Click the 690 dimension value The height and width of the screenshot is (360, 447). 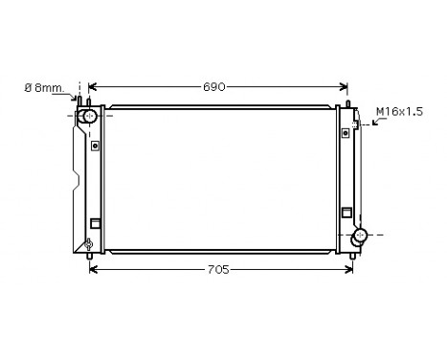tap(213, 87)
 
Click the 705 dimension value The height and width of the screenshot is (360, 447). tap(217, 269)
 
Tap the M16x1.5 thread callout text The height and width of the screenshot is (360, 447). tap(397, 112)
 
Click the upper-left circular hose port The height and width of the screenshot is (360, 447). tap(88, 117)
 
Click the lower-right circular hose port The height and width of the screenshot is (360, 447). tap(359, 236)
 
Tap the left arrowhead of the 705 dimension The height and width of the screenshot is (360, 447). tap(92, 269)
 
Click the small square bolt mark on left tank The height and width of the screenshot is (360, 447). tap(95, 146)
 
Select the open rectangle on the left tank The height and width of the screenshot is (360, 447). tap(95, 225)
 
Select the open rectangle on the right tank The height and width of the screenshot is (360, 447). tap(346, 211)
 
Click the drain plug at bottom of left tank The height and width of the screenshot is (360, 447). tap(89, 245)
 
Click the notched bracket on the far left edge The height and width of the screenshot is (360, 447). tap(76, 182)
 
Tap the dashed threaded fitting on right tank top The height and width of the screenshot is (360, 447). tap(356, 123)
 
